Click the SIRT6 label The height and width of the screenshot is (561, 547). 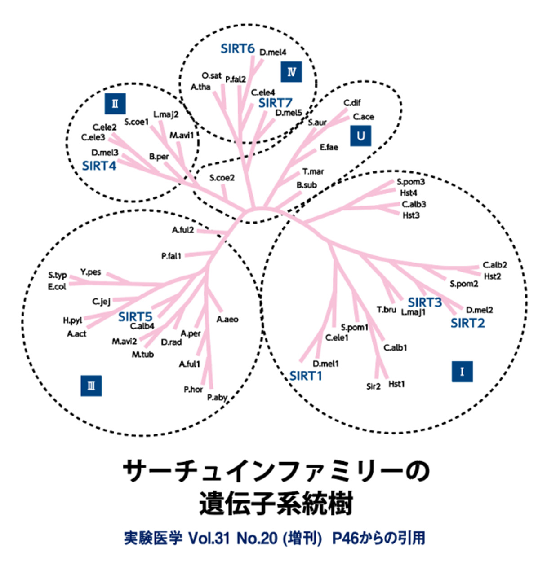237,48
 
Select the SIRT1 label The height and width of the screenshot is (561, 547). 306,376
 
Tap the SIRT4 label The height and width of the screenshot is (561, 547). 99,166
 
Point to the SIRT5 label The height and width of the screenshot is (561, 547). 135,317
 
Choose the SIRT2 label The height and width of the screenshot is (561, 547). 467,323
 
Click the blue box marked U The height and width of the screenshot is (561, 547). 360,136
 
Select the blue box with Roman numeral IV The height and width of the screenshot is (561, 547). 291,72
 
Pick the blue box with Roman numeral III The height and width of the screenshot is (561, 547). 91,386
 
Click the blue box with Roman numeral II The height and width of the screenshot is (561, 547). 115,104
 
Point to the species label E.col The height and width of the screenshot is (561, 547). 57,286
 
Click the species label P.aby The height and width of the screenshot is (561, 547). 217,398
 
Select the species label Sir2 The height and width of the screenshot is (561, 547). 373,386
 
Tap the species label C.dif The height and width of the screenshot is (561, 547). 352,103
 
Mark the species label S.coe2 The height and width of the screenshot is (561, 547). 222,178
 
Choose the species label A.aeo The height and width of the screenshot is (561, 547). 227,320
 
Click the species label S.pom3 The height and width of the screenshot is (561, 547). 410,182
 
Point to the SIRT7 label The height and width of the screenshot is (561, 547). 275,103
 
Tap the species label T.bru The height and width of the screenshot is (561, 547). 386,310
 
